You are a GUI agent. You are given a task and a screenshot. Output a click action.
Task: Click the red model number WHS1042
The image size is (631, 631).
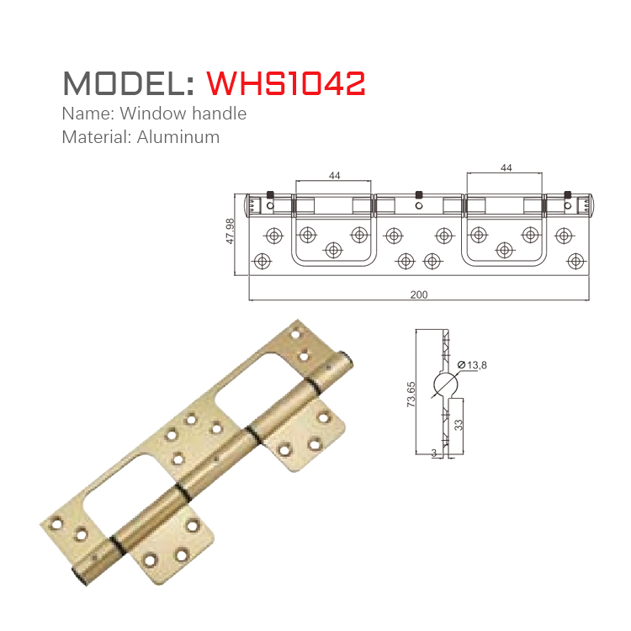pyautogui.click(x=286, y=83)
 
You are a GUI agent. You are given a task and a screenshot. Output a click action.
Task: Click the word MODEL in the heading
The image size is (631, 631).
pyautogui.click(x=123, y=83)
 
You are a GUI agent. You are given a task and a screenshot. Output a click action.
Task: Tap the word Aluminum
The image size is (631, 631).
pyautogui.click(x=178, y=136)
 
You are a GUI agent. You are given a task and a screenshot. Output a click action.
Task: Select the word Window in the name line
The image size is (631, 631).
pyautogui.click(x=149, y=113)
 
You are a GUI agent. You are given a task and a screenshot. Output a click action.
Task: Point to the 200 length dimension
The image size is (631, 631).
pyautogui.click(x=419, y=294)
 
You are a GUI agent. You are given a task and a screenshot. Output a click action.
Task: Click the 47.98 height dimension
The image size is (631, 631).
pyautogui.click(x=230, y=232)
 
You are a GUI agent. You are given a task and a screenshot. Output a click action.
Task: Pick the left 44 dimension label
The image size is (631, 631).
pyautogui.click(x=334, y=175)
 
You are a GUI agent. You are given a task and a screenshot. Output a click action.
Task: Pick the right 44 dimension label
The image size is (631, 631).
pyautogui.click(x=506, y=168)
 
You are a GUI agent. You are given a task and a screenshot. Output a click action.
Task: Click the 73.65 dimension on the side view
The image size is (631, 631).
pyautogui.click(x=411, y=393)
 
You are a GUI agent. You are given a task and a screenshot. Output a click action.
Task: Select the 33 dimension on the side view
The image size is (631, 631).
pyautogui.click(x=459, y=425)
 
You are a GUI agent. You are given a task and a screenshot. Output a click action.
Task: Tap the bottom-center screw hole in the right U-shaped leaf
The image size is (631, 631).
pyautogui.click(x=505, y=249)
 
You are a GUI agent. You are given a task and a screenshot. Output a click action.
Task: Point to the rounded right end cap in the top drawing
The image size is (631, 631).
pyautogui.click(x=588, y=203)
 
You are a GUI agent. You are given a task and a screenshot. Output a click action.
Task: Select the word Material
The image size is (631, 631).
pyautogui.click(x=92, y=136)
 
